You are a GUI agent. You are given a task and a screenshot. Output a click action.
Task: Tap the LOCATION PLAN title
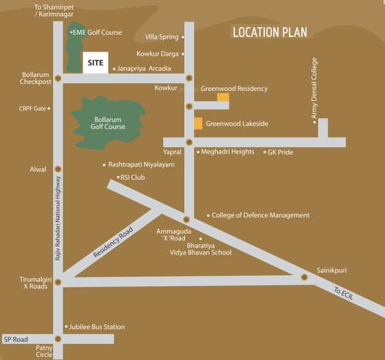tap(269, 32)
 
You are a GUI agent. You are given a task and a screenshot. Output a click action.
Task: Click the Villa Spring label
tap(162, 37)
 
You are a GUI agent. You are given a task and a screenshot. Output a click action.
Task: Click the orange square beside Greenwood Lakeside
tap(198, 123)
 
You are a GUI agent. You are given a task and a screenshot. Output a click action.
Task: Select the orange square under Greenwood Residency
tap(223, 98)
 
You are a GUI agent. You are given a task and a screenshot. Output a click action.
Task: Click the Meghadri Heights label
tap(227, 152)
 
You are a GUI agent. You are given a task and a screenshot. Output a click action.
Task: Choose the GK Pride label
tap(280, 153)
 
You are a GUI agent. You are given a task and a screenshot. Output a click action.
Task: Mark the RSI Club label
tap(132, 177)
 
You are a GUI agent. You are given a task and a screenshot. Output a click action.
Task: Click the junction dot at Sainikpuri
tap(304, 277)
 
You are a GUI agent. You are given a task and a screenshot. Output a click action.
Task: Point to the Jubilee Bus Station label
tap(97, 327)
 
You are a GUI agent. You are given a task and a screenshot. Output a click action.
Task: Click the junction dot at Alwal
tap(57, 169)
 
